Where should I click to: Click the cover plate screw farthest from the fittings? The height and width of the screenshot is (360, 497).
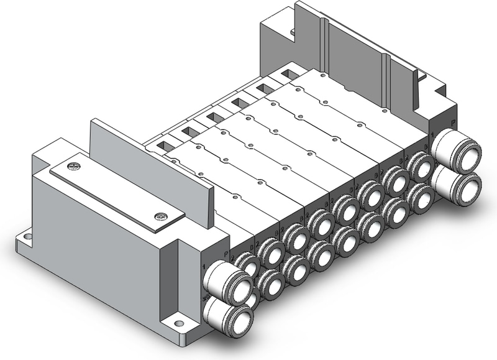coord(75,166)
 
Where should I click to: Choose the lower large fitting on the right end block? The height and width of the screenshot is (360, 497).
coord(463,185)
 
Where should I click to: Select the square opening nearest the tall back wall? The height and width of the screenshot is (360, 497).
coord(288,74)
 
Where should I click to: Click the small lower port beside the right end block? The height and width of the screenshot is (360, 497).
coord(422,197)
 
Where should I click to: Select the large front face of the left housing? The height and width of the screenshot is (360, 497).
coord(93,242)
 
